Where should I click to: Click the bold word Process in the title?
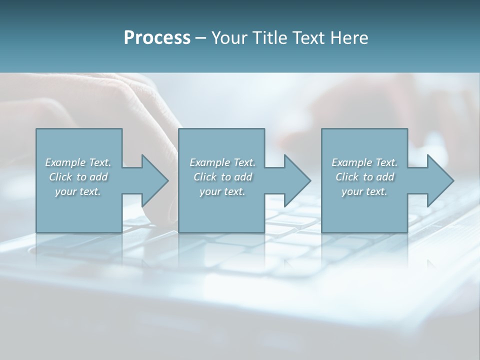coord(157,38)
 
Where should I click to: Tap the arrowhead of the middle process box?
coord(296,180)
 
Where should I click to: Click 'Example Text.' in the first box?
coord(78,162)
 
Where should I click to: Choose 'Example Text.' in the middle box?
coord(222,162)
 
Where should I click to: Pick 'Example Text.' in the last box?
coord(364,162)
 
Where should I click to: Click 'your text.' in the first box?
coord(78,191)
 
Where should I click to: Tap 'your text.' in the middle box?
coord(222,191)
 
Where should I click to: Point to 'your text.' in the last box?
coord(364,191)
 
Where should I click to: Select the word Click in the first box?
coord(60,177)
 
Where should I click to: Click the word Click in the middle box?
coord(205,177)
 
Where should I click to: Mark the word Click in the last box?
coord(347,177)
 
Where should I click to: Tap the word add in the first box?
coord(99,177)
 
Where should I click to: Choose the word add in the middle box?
coord(243,177)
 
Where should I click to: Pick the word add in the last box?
coord(385,177)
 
